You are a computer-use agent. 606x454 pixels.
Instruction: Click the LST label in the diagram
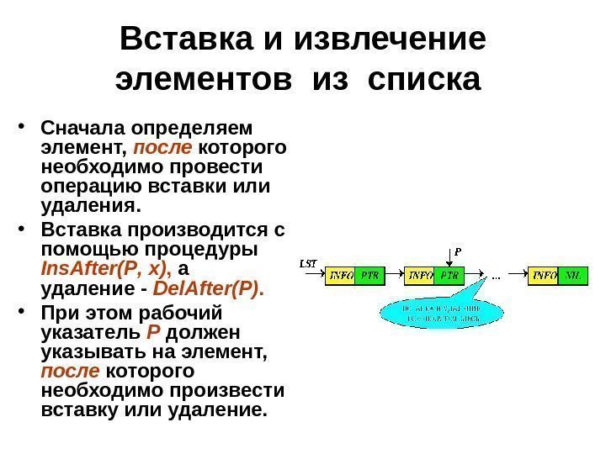click(x=309, y=263)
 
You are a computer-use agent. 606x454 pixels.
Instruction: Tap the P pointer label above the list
click(x=458, y=250)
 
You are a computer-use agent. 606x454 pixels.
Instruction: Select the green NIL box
click(x=573, y=275)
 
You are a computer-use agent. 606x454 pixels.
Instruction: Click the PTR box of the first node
click(x=369, y=275)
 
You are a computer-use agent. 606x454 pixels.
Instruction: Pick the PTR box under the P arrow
click(x=450, y=275)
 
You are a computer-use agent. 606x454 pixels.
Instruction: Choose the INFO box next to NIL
click(x=544, y=275)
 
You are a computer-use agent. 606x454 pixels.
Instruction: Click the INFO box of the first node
click(x=340, y=275)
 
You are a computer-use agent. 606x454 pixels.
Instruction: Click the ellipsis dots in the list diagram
click(x=496, y=275)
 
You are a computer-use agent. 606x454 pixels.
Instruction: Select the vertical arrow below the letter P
click(x=458, y=261)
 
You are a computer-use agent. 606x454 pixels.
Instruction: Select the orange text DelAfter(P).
click(x=211, y=290)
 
